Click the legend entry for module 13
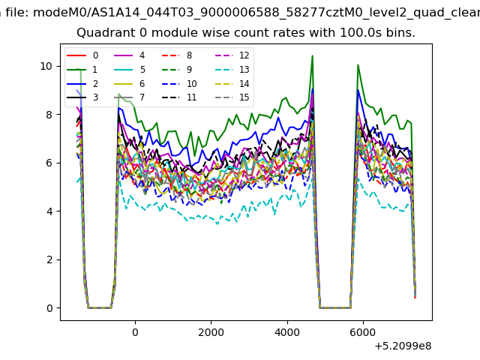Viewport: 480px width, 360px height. tap(232, 70)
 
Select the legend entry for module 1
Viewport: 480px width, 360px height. tap(82, 70)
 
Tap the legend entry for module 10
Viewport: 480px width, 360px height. tap(178, 84)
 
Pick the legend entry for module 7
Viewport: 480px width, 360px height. tap(129, 97)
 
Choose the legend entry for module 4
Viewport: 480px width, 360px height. tap(129, 55)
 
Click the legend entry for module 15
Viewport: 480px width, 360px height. tap(232, 97)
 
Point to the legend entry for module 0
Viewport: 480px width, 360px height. tap(82, 55)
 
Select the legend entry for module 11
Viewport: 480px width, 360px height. tap(178, 97)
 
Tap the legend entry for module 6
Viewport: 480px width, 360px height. tap(129, 84)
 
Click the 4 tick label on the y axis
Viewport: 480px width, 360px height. tap(49, 211)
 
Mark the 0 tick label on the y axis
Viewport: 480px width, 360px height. tap(49, 308)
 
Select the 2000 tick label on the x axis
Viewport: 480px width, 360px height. tap(211, 332)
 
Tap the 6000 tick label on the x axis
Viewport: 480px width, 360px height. tap(363, 332)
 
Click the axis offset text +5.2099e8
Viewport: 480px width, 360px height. tap(403, 346)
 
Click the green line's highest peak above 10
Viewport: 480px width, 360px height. tap(312, 55)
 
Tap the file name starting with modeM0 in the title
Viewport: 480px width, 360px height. tap(256, 12)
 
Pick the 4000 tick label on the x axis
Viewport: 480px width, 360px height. tap(287, 332)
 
